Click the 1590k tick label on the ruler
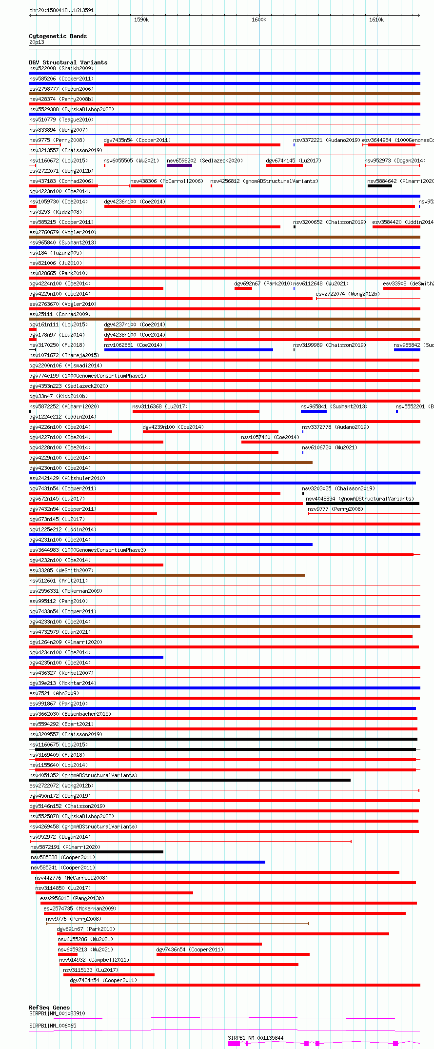click(x=141, y=20)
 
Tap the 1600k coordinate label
click(x=259, y=20)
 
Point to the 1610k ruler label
click(x=376, y=20)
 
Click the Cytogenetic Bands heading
click(x=58, y=36)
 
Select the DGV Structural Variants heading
click(x=68, y=62)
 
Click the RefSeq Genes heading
click(x=49, y=1008)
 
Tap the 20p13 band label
click(x=37, y=42)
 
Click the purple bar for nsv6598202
click(x=179, y=165)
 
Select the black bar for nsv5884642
click(x=380, y=186)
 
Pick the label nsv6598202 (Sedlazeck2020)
click(x=204, y=161)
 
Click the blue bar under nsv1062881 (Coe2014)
click(x=188, y=350)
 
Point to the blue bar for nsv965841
click(x=314, y=411)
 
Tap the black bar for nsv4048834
click(x=362, y=504)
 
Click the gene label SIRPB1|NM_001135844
click(x=256, y=1038)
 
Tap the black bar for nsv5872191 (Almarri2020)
click(x=97, y=852)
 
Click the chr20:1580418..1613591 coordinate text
click(x=61, y=10)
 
